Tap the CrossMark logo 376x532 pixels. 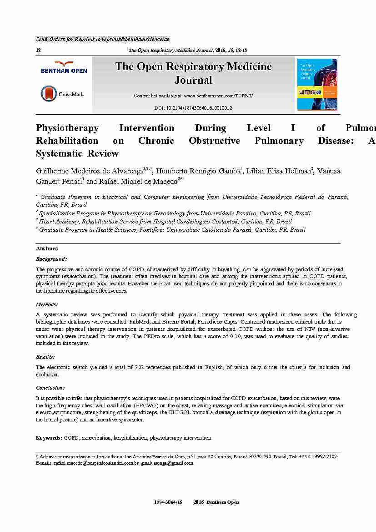(62, 94)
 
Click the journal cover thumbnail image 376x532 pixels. (317, 84)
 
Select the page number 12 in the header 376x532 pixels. (38, 51)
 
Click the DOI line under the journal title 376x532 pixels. (193, 108)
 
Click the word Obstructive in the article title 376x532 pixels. (214, 141)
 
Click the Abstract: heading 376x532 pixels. (47, 248)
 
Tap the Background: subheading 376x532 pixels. (51, 259)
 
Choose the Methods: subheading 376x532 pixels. (47, 304)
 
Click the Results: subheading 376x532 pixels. (45, 357)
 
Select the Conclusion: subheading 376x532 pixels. (50, 388)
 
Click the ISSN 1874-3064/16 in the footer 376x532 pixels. (168, 502)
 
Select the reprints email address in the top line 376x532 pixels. (135, 40)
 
